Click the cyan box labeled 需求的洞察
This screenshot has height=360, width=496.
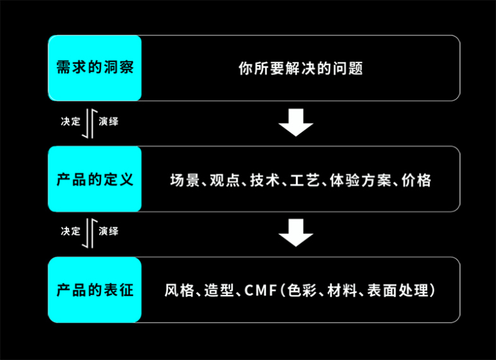click(95, 68)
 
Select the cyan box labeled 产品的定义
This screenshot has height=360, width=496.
click(95, 179)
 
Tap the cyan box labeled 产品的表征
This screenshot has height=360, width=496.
click(95, 291)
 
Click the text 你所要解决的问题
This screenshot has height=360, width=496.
click(301, 68)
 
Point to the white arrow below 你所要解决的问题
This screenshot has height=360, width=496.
click(296, 123)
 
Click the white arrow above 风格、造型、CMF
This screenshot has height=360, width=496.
click(296, 233)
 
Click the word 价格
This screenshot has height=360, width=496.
click(416, 180)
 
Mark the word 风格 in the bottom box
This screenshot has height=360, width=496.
click(178, 291)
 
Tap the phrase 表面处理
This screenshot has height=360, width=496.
click(403, 291)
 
